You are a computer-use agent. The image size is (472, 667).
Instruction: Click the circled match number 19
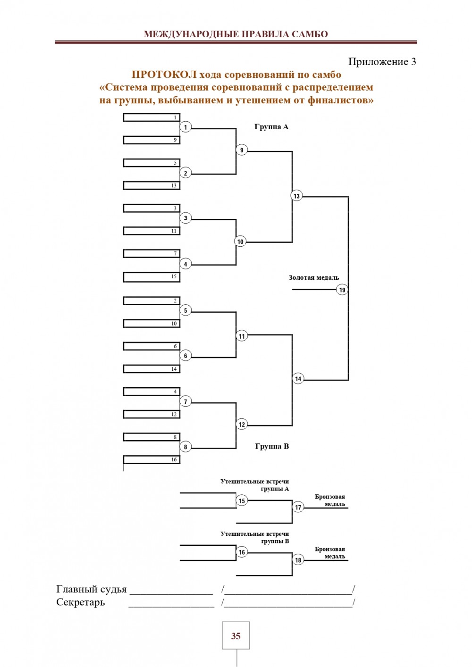(342, 290)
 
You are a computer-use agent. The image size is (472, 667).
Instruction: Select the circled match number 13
(296, 196)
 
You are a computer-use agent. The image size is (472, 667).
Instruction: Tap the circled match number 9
(242, 150)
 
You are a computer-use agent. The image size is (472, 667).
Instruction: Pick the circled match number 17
(298, 508)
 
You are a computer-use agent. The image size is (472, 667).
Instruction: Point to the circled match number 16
(242, 552)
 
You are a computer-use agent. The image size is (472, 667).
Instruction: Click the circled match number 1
(185, 127)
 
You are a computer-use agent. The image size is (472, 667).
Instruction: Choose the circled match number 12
(242, 425)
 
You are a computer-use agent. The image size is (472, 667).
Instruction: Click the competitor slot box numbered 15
(152, 277)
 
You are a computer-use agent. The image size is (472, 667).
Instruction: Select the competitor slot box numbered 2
(152, 300)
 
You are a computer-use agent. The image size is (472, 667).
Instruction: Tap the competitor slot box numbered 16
(152, 459)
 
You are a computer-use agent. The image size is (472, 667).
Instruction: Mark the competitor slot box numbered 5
(152, 163)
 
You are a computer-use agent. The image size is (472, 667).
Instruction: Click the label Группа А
(271, 127)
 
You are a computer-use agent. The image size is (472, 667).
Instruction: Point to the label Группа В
(272, 446)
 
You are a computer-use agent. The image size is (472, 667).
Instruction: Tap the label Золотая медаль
(314, 278)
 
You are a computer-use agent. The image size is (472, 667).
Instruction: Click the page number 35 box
(236, 636)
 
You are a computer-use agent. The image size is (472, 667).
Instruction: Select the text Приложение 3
(382, 62)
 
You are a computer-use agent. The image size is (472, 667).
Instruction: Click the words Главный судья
(92, 589)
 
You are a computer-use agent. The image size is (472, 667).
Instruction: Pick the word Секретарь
(81, 602)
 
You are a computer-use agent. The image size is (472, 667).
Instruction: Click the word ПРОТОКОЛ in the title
(164, 75)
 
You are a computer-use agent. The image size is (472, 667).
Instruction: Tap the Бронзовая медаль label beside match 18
(330, 553)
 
